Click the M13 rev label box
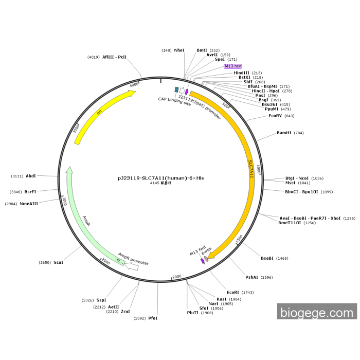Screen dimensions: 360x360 tap(232, 66)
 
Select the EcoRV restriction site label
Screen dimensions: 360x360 tap(275, 116)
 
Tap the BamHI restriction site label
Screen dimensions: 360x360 tap(284, 133)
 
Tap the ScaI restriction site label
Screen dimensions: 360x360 tap(58, 262)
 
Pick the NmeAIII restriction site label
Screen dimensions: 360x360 tap(29, 204)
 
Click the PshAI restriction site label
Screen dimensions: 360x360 tap(251, 277)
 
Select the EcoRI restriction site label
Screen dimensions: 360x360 tap(233, 292)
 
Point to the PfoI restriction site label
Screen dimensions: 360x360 tap(153, 318)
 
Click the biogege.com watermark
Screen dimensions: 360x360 tap(317, 311)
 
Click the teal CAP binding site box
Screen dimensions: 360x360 tap(176, 90)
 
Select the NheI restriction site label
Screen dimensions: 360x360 tap(179, 50)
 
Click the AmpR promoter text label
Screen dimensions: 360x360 tap(133, 259)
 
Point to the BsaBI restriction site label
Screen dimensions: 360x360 tap(267, 258)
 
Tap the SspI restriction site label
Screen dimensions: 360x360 tap(101, 300)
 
